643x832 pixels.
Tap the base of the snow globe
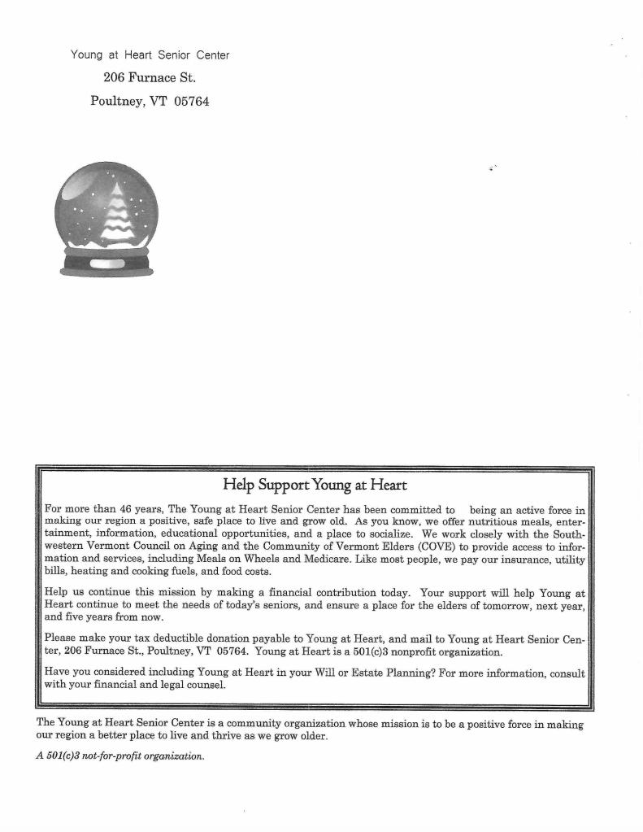point(106,264)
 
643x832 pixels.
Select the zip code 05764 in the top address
point(192,102)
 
